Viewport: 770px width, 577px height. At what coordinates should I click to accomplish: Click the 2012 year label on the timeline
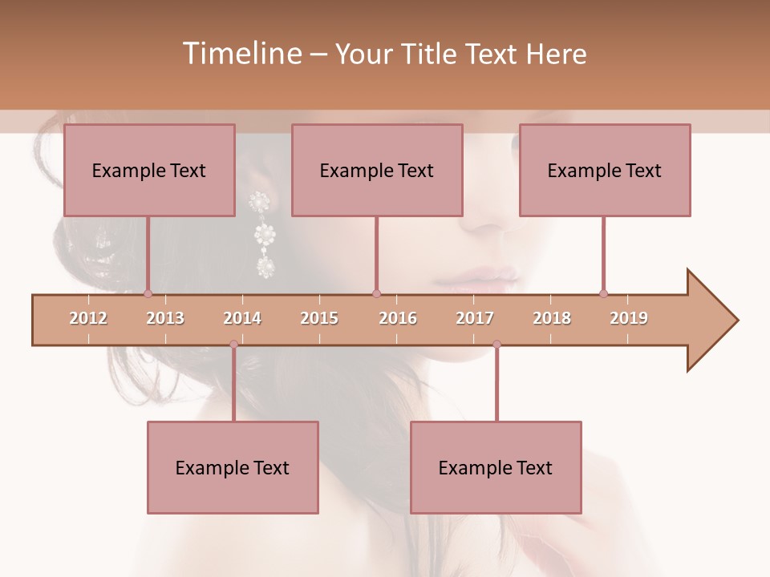[88, 318]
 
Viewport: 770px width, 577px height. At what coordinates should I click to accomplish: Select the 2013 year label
[165, 318]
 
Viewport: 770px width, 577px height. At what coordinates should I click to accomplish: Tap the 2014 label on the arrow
[242, 318]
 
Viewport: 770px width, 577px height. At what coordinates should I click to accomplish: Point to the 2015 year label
[319, 318]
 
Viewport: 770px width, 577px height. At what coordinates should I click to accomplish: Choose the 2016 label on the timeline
[398, 318]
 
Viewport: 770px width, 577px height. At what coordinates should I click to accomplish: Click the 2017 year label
[475, 318]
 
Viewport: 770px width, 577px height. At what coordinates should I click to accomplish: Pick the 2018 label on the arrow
[552, 318]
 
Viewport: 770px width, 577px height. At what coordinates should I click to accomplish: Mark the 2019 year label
[629, 318]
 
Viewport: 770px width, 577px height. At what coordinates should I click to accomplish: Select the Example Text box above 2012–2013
[149, 170]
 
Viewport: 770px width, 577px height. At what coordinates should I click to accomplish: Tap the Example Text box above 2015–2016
[377, 170]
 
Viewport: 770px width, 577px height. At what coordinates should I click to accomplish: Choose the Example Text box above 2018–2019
[605, 170]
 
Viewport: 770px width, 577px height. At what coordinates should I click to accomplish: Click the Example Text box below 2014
[233, 467]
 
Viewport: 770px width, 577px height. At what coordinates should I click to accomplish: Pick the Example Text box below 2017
[496, 467]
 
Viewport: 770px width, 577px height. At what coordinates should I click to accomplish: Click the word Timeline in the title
[241, 54]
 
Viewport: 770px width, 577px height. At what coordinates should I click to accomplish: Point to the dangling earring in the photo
[262, 234]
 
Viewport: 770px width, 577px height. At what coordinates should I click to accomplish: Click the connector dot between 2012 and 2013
[148, 293]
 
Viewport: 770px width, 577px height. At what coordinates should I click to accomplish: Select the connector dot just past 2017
[496, 345]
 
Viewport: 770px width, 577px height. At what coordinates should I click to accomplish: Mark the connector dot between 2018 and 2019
[603, 293]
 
